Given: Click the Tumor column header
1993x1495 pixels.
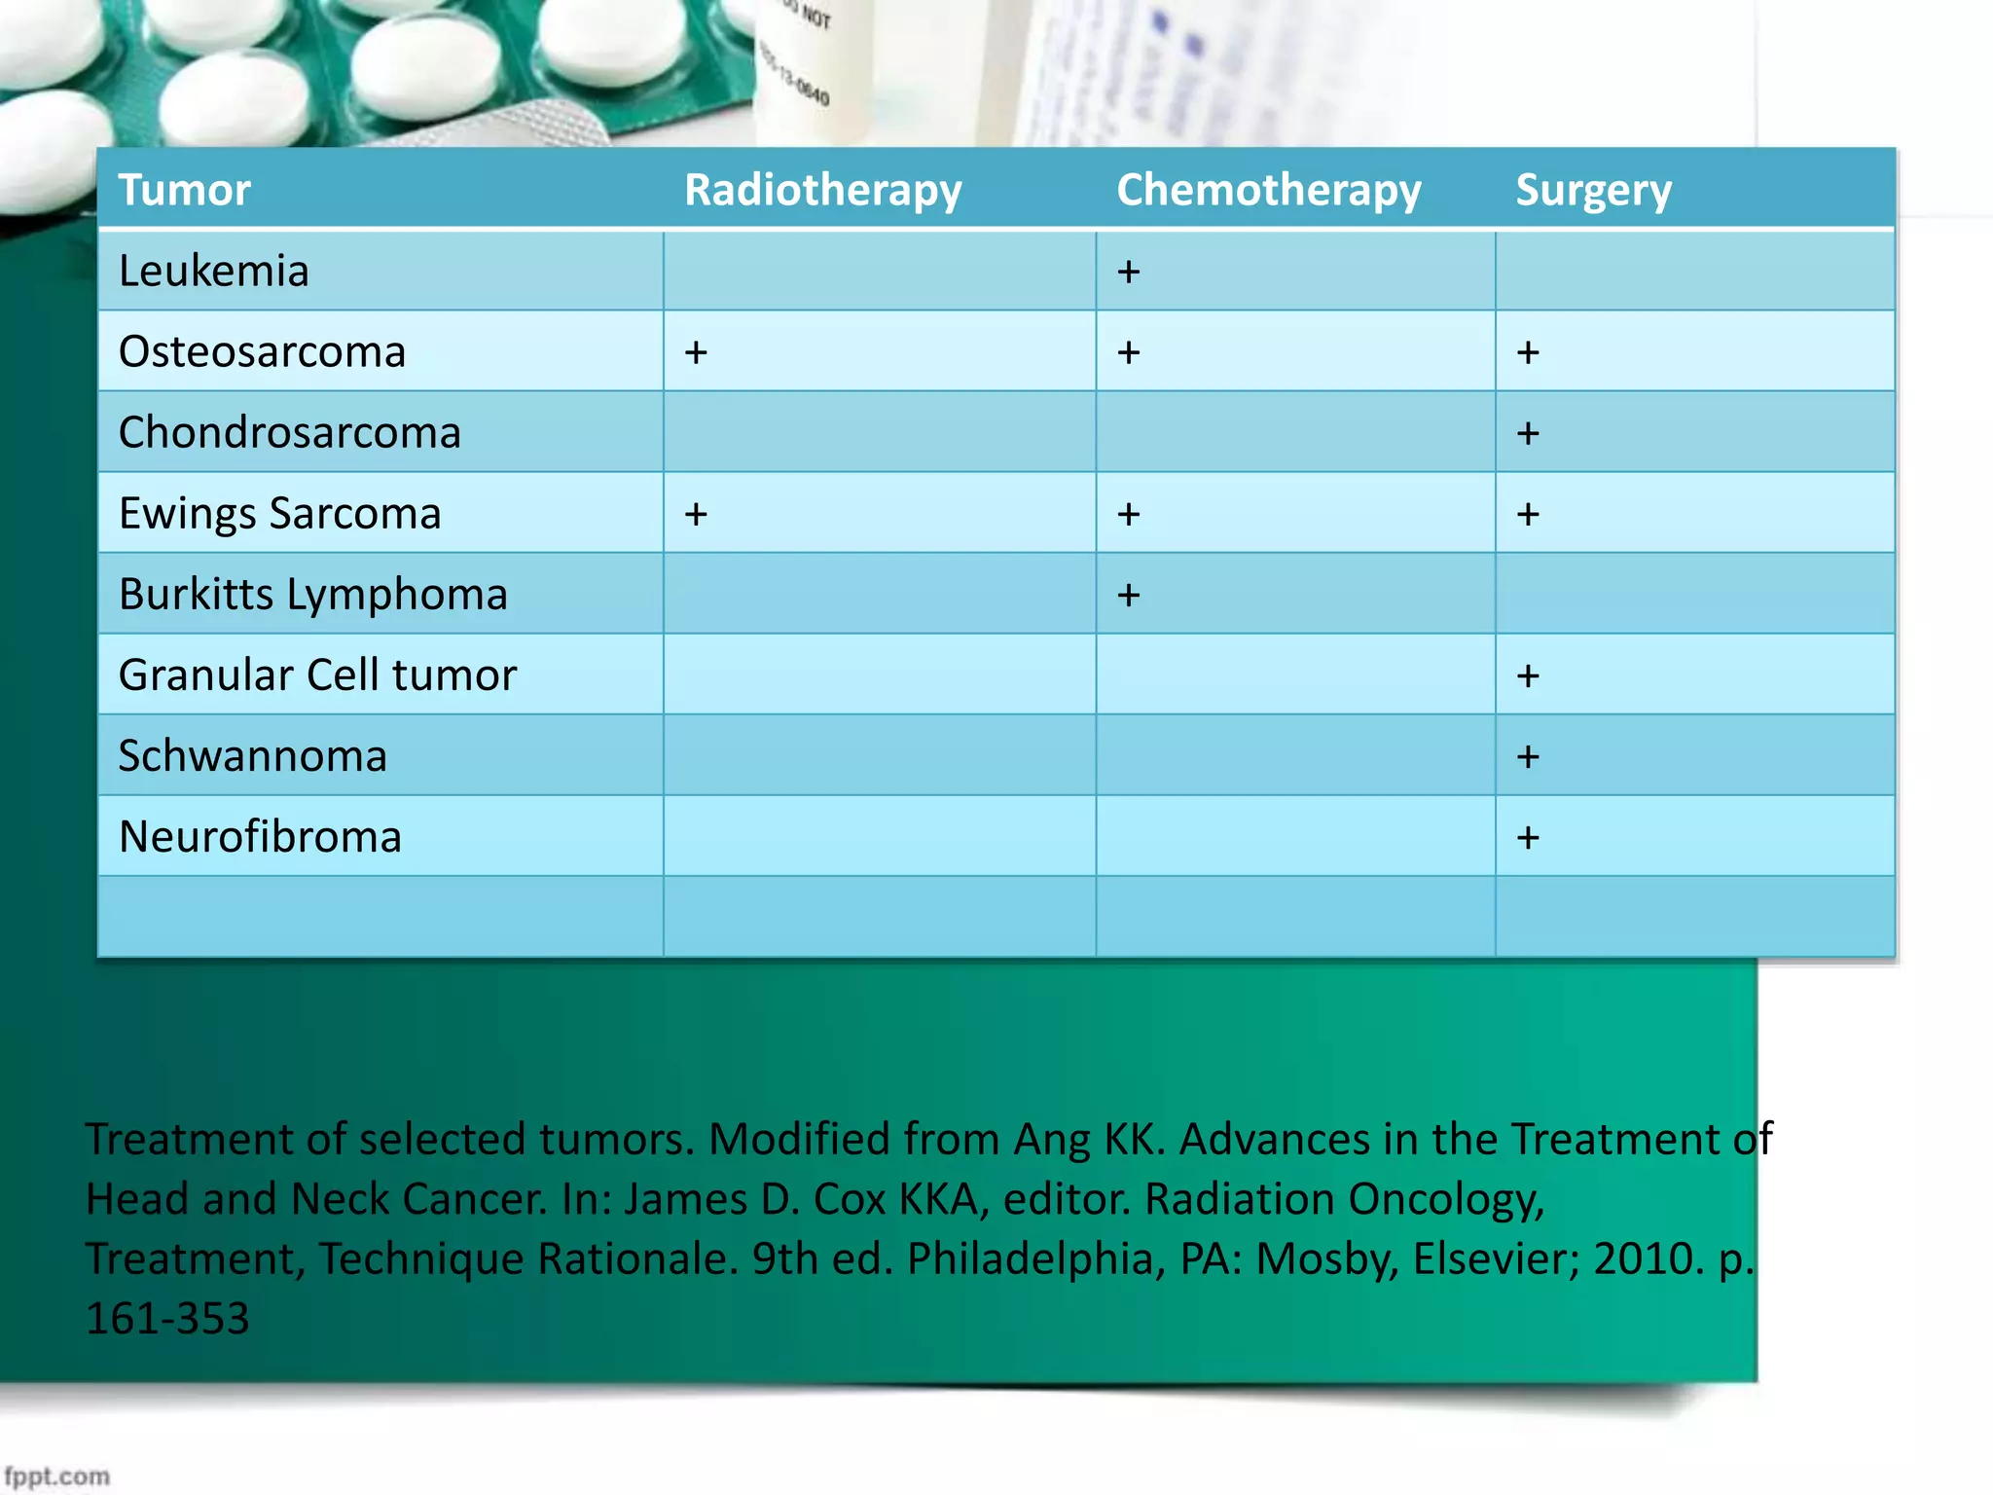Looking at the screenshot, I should (x=185, y=190).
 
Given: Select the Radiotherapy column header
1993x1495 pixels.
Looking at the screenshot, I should (x=822, y=190).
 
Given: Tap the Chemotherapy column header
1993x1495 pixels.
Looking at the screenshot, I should (x=1268, y=190).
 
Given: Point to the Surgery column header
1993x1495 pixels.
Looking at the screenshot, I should (x=1593, y=190).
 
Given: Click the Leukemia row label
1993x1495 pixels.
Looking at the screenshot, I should (x=213, y=271).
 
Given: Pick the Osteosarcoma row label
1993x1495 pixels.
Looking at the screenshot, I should (x=262, y=351).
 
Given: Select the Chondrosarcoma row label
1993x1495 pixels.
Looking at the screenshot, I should (x=289, y=432).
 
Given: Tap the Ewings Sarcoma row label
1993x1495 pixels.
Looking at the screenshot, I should (x=279, y=513).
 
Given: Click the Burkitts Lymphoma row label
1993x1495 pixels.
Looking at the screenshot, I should (x=312, y=594).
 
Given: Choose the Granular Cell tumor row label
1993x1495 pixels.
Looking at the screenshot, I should (x=317, y=675).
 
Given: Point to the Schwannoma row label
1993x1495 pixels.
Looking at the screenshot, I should (x=252, y=755).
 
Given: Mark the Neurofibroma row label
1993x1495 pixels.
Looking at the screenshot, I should (x=260, y=836).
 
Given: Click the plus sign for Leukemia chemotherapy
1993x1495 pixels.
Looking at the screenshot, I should (x=1128, y=272).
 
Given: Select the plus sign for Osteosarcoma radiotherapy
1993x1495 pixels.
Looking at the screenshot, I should (x=695, y=352).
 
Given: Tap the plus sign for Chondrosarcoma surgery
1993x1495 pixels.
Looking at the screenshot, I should (x=1528, y=433).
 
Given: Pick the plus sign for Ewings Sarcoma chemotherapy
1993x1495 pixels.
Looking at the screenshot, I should (x=1128, y=514).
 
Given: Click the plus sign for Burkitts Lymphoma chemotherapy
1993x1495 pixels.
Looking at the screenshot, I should (x=1128, y=595).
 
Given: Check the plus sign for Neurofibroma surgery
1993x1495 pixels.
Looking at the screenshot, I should (x=1528, y=837).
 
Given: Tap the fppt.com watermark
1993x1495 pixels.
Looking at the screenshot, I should (x=56, y=1477).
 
